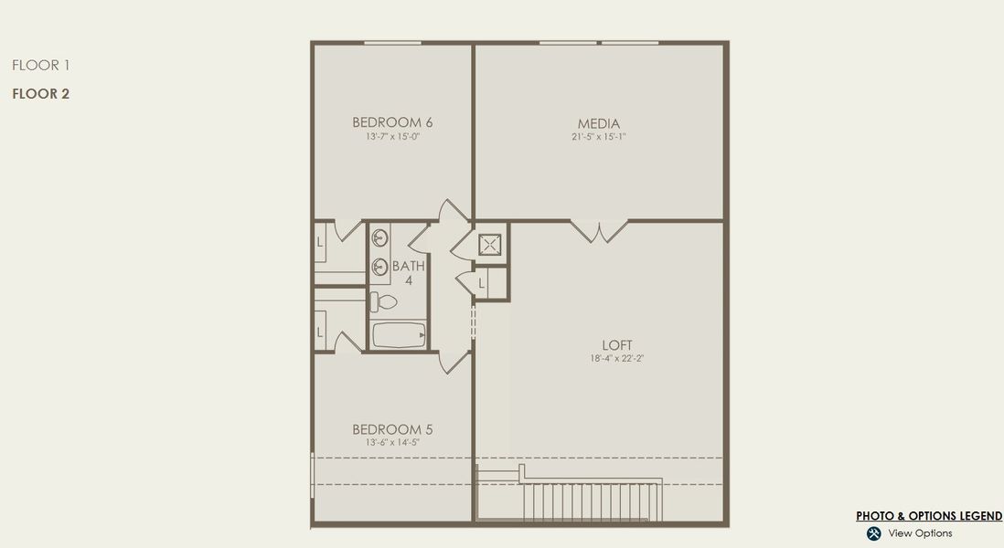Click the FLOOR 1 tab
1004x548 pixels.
coord(41,65)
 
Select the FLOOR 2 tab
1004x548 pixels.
coord(41,93)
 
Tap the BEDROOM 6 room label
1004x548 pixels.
coord(392,122)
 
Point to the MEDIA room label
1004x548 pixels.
coord(598,123)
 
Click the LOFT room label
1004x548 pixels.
coord(617,345)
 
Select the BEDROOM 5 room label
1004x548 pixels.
coord(392,429)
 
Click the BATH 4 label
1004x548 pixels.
coord(409,273)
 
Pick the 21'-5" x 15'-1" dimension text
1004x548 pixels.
coord(598,137)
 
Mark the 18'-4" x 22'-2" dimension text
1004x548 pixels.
coord(617,359)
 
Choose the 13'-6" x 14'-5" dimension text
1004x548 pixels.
coord(392,443)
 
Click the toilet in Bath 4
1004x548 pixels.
coord(384,301)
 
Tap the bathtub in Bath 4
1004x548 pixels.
coord(399,335)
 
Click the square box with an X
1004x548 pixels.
coord(491,244)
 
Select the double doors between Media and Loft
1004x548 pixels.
coord(599,230)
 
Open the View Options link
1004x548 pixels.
coord(920,533)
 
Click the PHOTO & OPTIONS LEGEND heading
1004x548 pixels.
coord(929,516)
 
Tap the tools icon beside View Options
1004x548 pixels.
coord(873,533)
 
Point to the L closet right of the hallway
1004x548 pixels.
coord(482,285)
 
